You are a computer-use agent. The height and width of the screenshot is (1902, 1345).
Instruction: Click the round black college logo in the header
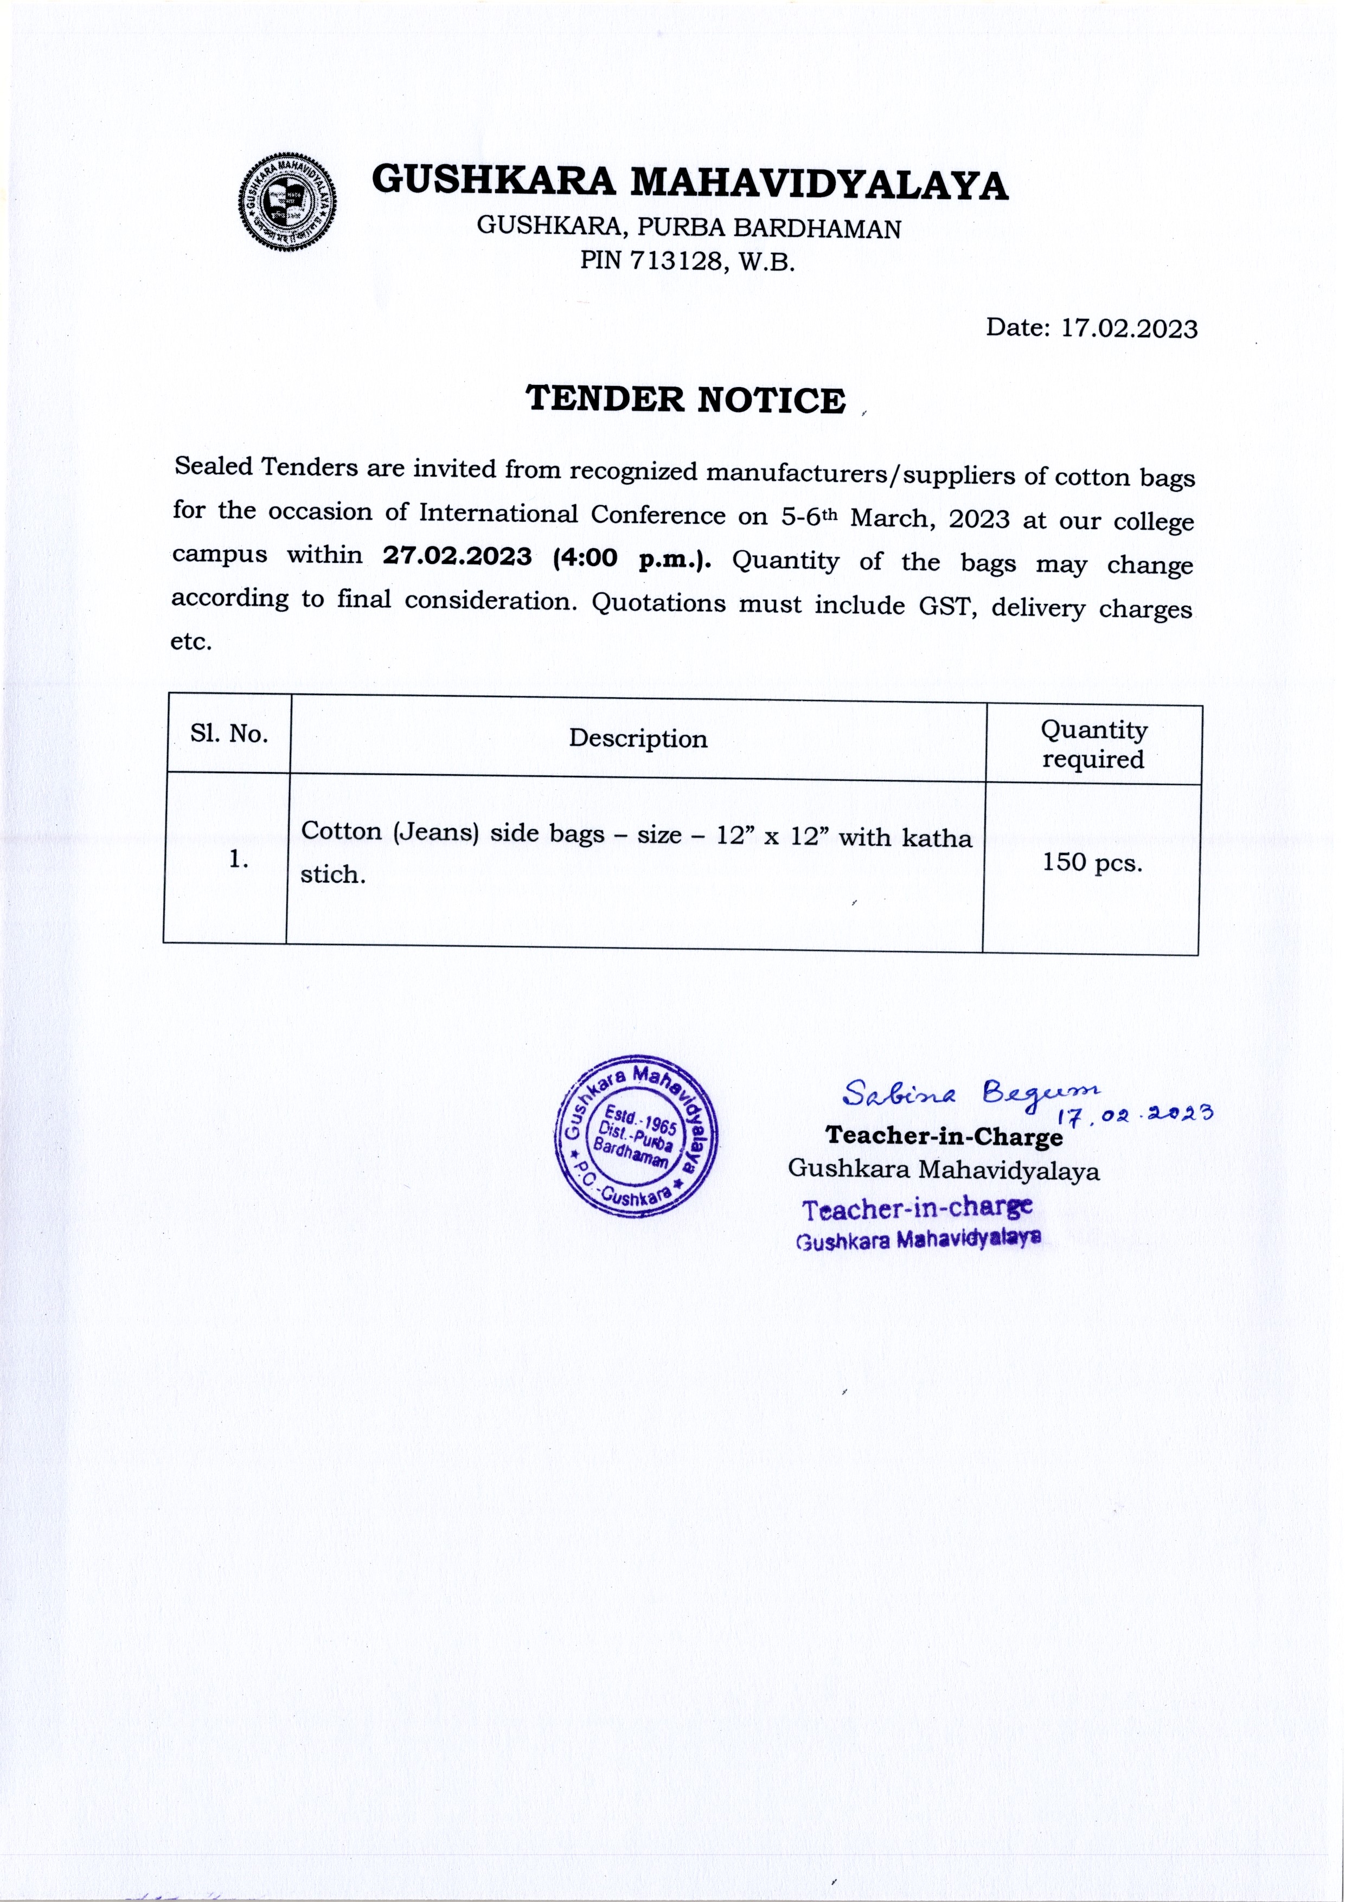point(287,201)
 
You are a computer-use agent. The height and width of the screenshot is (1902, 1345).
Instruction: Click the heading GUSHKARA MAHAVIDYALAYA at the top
point(689,182)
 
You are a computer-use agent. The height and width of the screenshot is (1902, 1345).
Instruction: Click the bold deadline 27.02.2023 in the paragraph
point(457,556)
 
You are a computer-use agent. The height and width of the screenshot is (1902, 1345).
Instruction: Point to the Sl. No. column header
point(229,734)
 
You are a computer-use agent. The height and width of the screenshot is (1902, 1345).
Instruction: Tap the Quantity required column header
point(1093,744)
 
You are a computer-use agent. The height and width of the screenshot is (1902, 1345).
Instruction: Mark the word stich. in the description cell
point(333,875)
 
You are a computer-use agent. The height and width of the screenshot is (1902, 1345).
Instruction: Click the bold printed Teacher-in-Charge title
point(943,1136)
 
